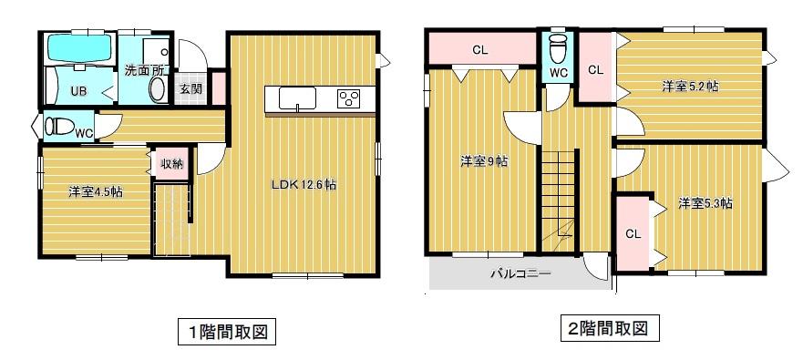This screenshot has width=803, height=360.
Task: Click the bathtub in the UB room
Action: click(x=79, y=47)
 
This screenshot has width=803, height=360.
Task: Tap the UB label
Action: click(x=78, y=91)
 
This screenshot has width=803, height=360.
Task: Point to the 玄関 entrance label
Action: click(x=190, y=88)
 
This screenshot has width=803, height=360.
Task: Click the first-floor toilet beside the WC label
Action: click(x=59, y=126)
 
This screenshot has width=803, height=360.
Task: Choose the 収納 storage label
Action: click(x=171, y=164)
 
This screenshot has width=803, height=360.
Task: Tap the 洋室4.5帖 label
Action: click(x=96, y=192)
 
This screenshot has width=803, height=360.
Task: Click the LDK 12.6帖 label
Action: click(x=304, y=185)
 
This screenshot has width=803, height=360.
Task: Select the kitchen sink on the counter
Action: click(x=297, y=98)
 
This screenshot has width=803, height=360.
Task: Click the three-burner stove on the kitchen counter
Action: click(x=348, y=98)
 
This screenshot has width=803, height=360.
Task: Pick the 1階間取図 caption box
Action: click(x=222, y=332)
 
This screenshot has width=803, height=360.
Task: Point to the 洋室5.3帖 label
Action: click(x=705, y=204)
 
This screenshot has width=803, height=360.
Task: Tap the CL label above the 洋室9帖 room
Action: click(x=479, y=50)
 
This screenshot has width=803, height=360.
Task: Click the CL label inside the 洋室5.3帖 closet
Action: click(x=633, y=234)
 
